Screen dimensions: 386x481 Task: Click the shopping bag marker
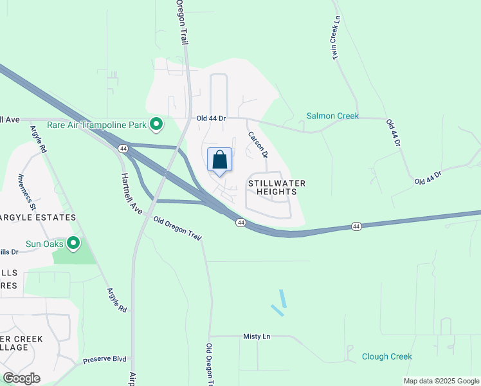(219, 160)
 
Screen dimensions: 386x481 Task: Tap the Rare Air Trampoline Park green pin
(156, 124)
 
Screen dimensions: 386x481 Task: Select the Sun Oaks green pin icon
(73, 244)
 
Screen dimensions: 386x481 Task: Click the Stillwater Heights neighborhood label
(277, 188)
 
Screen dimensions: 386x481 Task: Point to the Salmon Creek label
(332, 116)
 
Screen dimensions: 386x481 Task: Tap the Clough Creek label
(386, 356)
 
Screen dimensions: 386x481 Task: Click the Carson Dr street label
(257, 146)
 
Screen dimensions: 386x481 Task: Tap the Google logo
(21, 378)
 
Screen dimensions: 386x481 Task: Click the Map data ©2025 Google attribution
(440, 381)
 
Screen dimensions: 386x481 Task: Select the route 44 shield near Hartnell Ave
(122, 149)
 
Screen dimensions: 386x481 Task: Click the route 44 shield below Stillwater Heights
(240, 223)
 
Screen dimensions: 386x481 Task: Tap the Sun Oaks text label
(45, 244)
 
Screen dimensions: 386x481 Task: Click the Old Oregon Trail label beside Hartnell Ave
(178, 228)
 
